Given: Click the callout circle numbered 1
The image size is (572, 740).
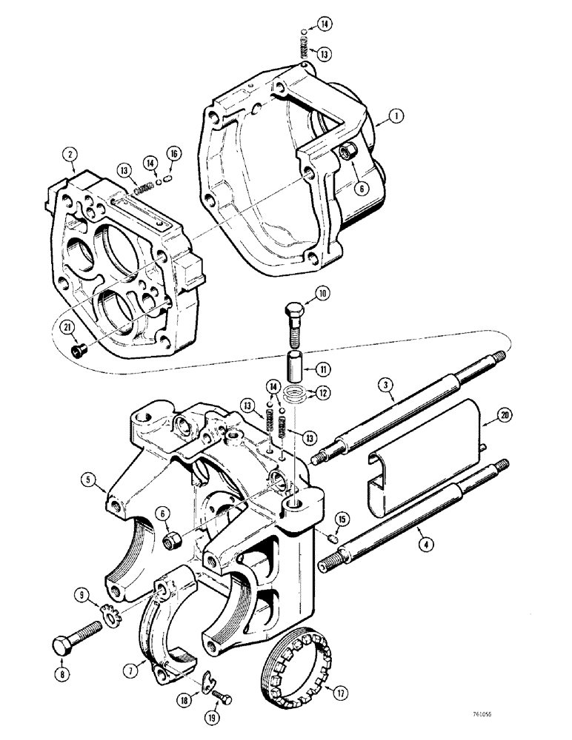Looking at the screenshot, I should pos(398,115).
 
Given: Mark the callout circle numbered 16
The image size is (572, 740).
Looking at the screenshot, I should pos(174,153).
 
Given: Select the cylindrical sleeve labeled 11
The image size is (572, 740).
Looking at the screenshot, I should pos(295,367).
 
